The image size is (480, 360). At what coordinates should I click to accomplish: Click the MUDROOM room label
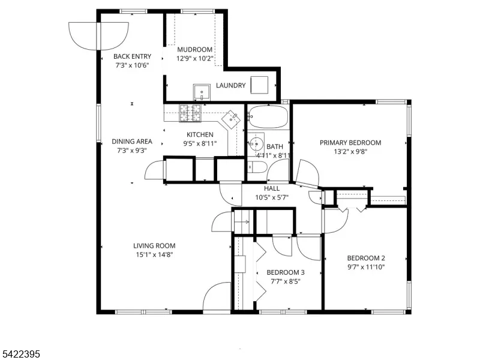point(194,50)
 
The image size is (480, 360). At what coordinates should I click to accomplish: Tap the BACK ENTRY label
point(132,56)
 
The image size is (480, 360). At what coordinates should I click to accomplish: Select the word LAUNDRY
point(231,85)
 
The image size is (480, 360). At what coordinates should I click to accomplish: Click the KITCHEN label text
point(200,134)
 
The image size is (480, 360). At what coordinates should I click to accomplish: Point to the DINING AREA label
point(132,142)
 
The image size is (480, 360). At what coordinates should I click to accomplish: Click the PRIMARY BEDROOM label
point(350,143)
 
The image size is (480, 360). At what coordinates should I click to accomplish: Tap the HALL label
point(272,188)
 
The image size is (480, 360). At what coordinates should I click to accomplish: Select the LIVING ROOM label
point(154,246)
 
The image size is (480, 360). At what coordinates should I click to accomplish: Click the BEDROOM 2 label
point(366,258)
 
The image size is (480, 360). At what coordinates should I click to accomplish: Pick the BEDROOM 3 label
point(286,272)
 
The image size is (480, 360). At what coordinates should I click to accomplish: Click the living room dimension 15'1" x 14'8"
point(155,254)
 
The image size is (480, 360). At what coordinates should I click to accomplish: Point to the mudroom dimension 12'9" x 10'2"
point(194,58)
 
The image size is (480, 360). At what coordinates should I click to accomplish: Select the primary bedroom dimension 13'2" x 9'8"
point(350,152)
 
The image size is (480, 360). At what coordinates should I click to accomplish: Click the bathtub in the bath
point(268,116)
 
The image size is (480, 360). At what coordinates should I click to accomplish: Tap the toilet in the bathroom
point(257,167)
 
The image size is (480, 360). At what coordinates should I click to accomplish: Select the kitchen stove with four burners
point(190,113)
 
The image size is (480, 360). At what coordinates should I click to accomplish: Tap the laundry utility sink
point(202,92)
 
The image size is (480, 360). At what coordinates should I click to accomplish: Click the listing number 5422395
point(20,354)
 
